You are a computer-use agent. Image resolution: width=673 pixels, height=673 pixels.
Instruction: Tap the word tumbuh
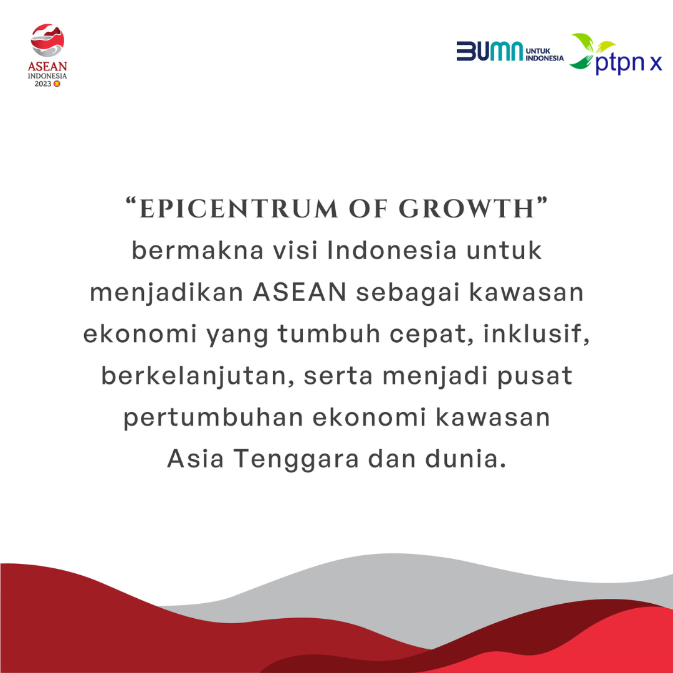tap(330, 335)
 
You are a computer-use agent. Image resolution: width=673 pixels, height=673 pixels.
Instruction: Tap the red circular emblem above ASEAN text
tap(48, 41)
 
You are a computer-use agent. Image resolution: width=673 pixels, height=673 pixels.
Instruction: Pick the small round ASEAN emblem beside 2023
tap(57, 83)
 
